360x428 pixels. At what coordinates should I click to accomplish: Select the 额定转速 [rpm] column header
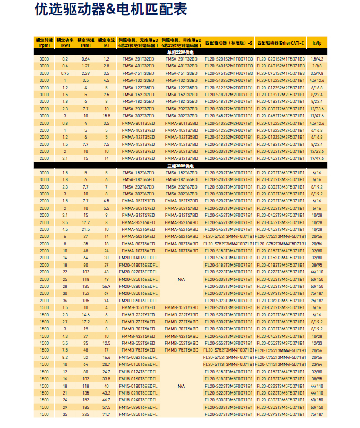44,42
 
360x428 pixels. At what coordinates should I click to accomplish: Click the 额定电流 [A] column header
106,42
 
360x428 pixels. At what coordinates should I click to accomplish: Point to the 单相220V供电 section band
181,52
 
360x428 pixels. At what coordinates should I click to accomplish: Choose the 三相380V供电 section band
181,166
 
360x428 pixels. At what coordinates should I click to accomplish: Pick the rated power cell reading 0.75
65,73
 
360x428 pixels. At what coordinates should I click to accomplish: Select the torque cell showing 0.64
85,58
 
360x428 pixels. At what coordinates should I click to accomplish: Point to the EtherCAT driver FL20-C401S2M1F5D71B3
280,66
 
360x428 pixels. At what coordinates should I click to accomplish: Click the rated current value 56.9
106,286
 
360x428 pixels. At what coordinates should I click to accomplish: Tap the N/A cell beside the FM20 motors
182,279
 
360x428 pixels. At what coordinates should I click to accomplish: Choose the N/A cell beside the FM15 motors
182,386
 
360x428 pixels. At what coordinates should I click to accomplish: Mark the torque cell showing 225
85,414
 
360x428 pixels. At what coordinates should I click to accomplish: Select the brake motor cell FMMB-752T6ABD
182,350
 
